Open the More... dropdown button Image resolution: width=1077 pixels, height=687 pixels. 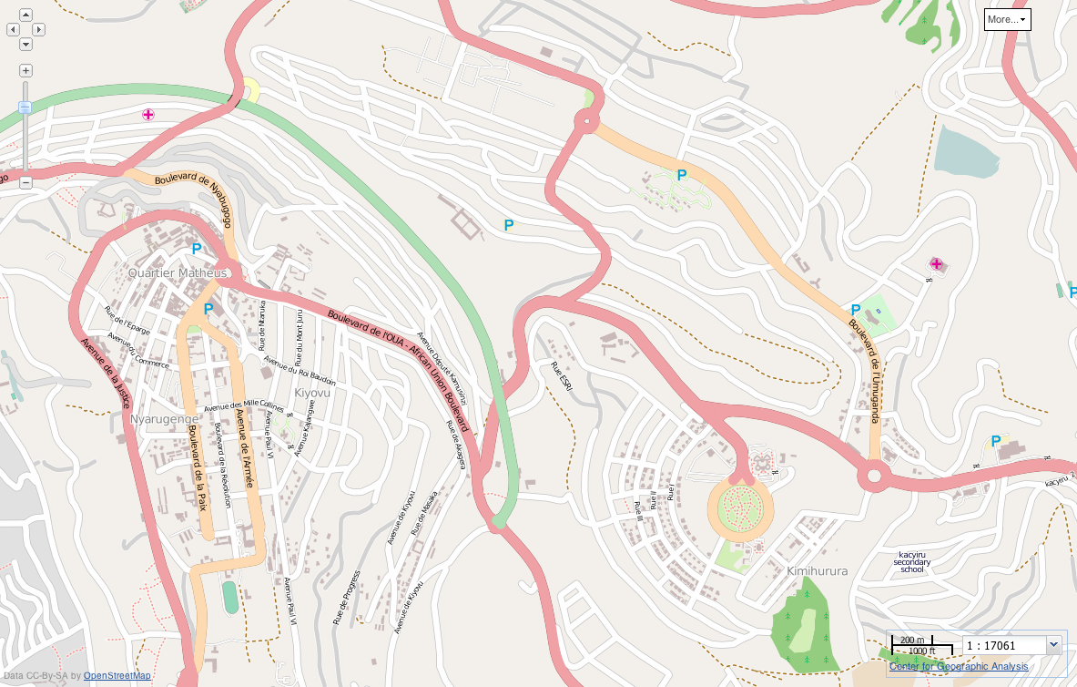point(1007,19)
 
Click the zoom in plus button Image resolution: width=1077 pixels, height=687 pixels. point(25,70)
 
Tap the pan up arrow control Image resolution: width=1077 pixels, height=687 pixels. point(25,15)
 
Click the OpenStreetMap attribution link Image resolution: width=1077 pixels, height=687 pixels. point(117,675)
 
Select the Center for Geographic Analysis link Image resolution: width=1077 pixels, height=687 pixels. point(959,666)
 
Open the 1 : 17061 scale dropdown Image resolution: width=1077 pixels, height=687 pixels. point(1054,645)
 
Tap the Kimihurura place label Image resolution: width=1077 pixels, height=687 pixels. point(817,571)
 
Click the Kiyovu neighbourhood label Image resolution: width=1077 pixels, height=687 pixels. point(312,393)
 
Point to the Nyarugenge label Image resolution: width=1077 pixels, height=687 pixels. point(157,419)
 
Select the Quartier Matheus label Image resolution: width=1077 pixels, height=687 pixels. point(178,272)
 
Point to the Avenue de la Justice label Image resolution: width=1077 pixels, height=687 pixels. point(107,374)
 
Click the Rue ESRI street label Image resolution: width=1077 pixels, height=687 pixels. point(562,377)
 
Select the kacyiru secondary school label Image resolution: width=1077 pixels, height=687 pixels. point(912,562)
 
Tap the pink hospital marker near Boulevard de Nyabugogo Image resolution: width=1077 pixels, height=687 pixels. point(147,114)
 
